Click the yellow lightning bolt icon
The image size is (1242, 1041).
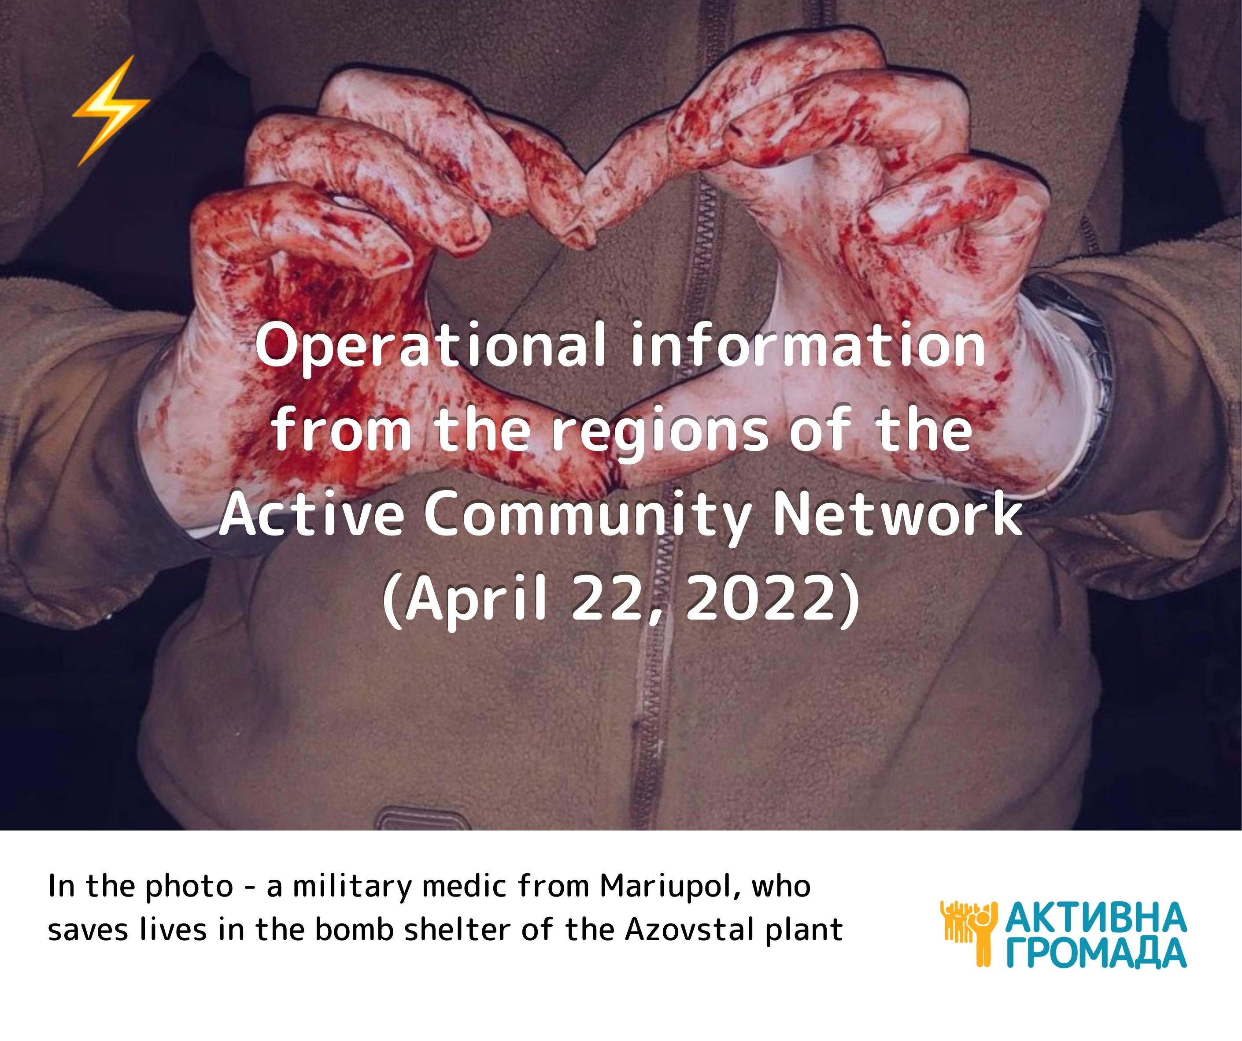111,111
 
